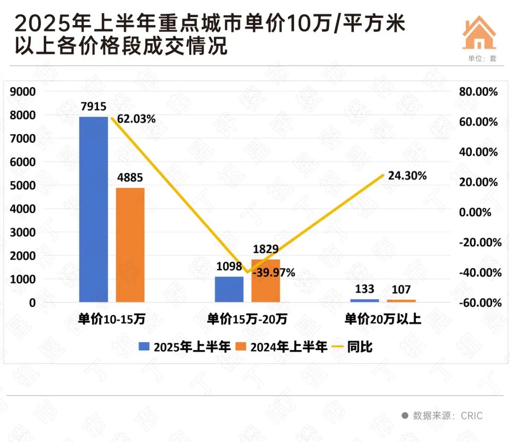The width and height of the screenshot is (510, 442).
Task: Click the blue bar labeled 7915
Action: pyautogui.click(x=93, y=209)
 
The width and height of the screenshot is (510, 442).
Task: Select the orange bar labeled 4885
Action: pyautogui.click(x=130, y=244)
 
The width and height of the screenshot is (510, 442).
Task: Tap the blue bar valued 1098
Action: pyautogui.click(x=229, y=289)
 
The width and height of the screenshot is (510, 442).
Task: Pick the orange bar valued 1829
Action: pyautogui.click(x=265, y=281)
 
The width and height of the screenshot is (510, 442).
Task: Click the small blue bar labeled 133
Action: pyautogui.click(x=365, y=300)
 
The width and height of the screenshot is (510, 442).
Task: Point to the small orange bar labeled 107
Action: pyautogui.click(x=401, y=300)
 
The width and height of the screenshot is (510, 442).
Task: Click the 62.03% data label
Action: pyautogui.click(x=136, y=119)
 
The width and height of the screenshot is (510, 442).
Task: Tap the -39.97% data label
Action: pyautogui.click(x=274, y=273)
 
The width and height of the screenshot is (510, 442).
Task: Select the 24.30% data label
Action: pyautogui.click(x=407, y=176)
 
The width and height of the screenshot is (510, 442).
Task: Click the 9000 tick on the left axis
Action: pyautogui.click(x=23, y=92)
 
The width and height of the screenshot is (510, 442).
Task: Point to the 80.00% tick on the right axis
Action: pyautogui.click(x=478, y=92)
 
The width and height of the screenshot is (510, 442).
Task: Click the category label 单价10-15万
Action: pyautogui.click(x=111, y=319)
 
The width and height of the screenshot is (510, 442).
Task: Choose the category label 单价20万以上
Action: pyautogui.click(x=382, y=319)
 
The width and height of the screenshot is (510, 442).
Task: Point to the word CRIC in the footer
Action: pyautogui.click(x=472, y=416)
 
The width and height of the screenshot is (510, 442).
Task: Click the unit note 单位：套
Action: pyautogui.click(x=483, y=59)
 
